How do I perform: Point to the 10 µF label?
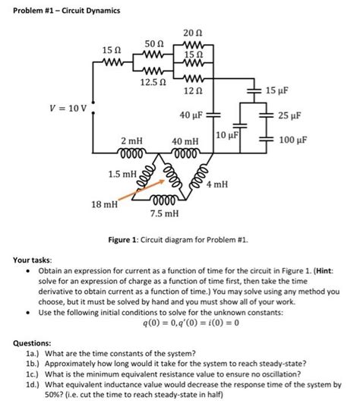pos(227,134)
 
